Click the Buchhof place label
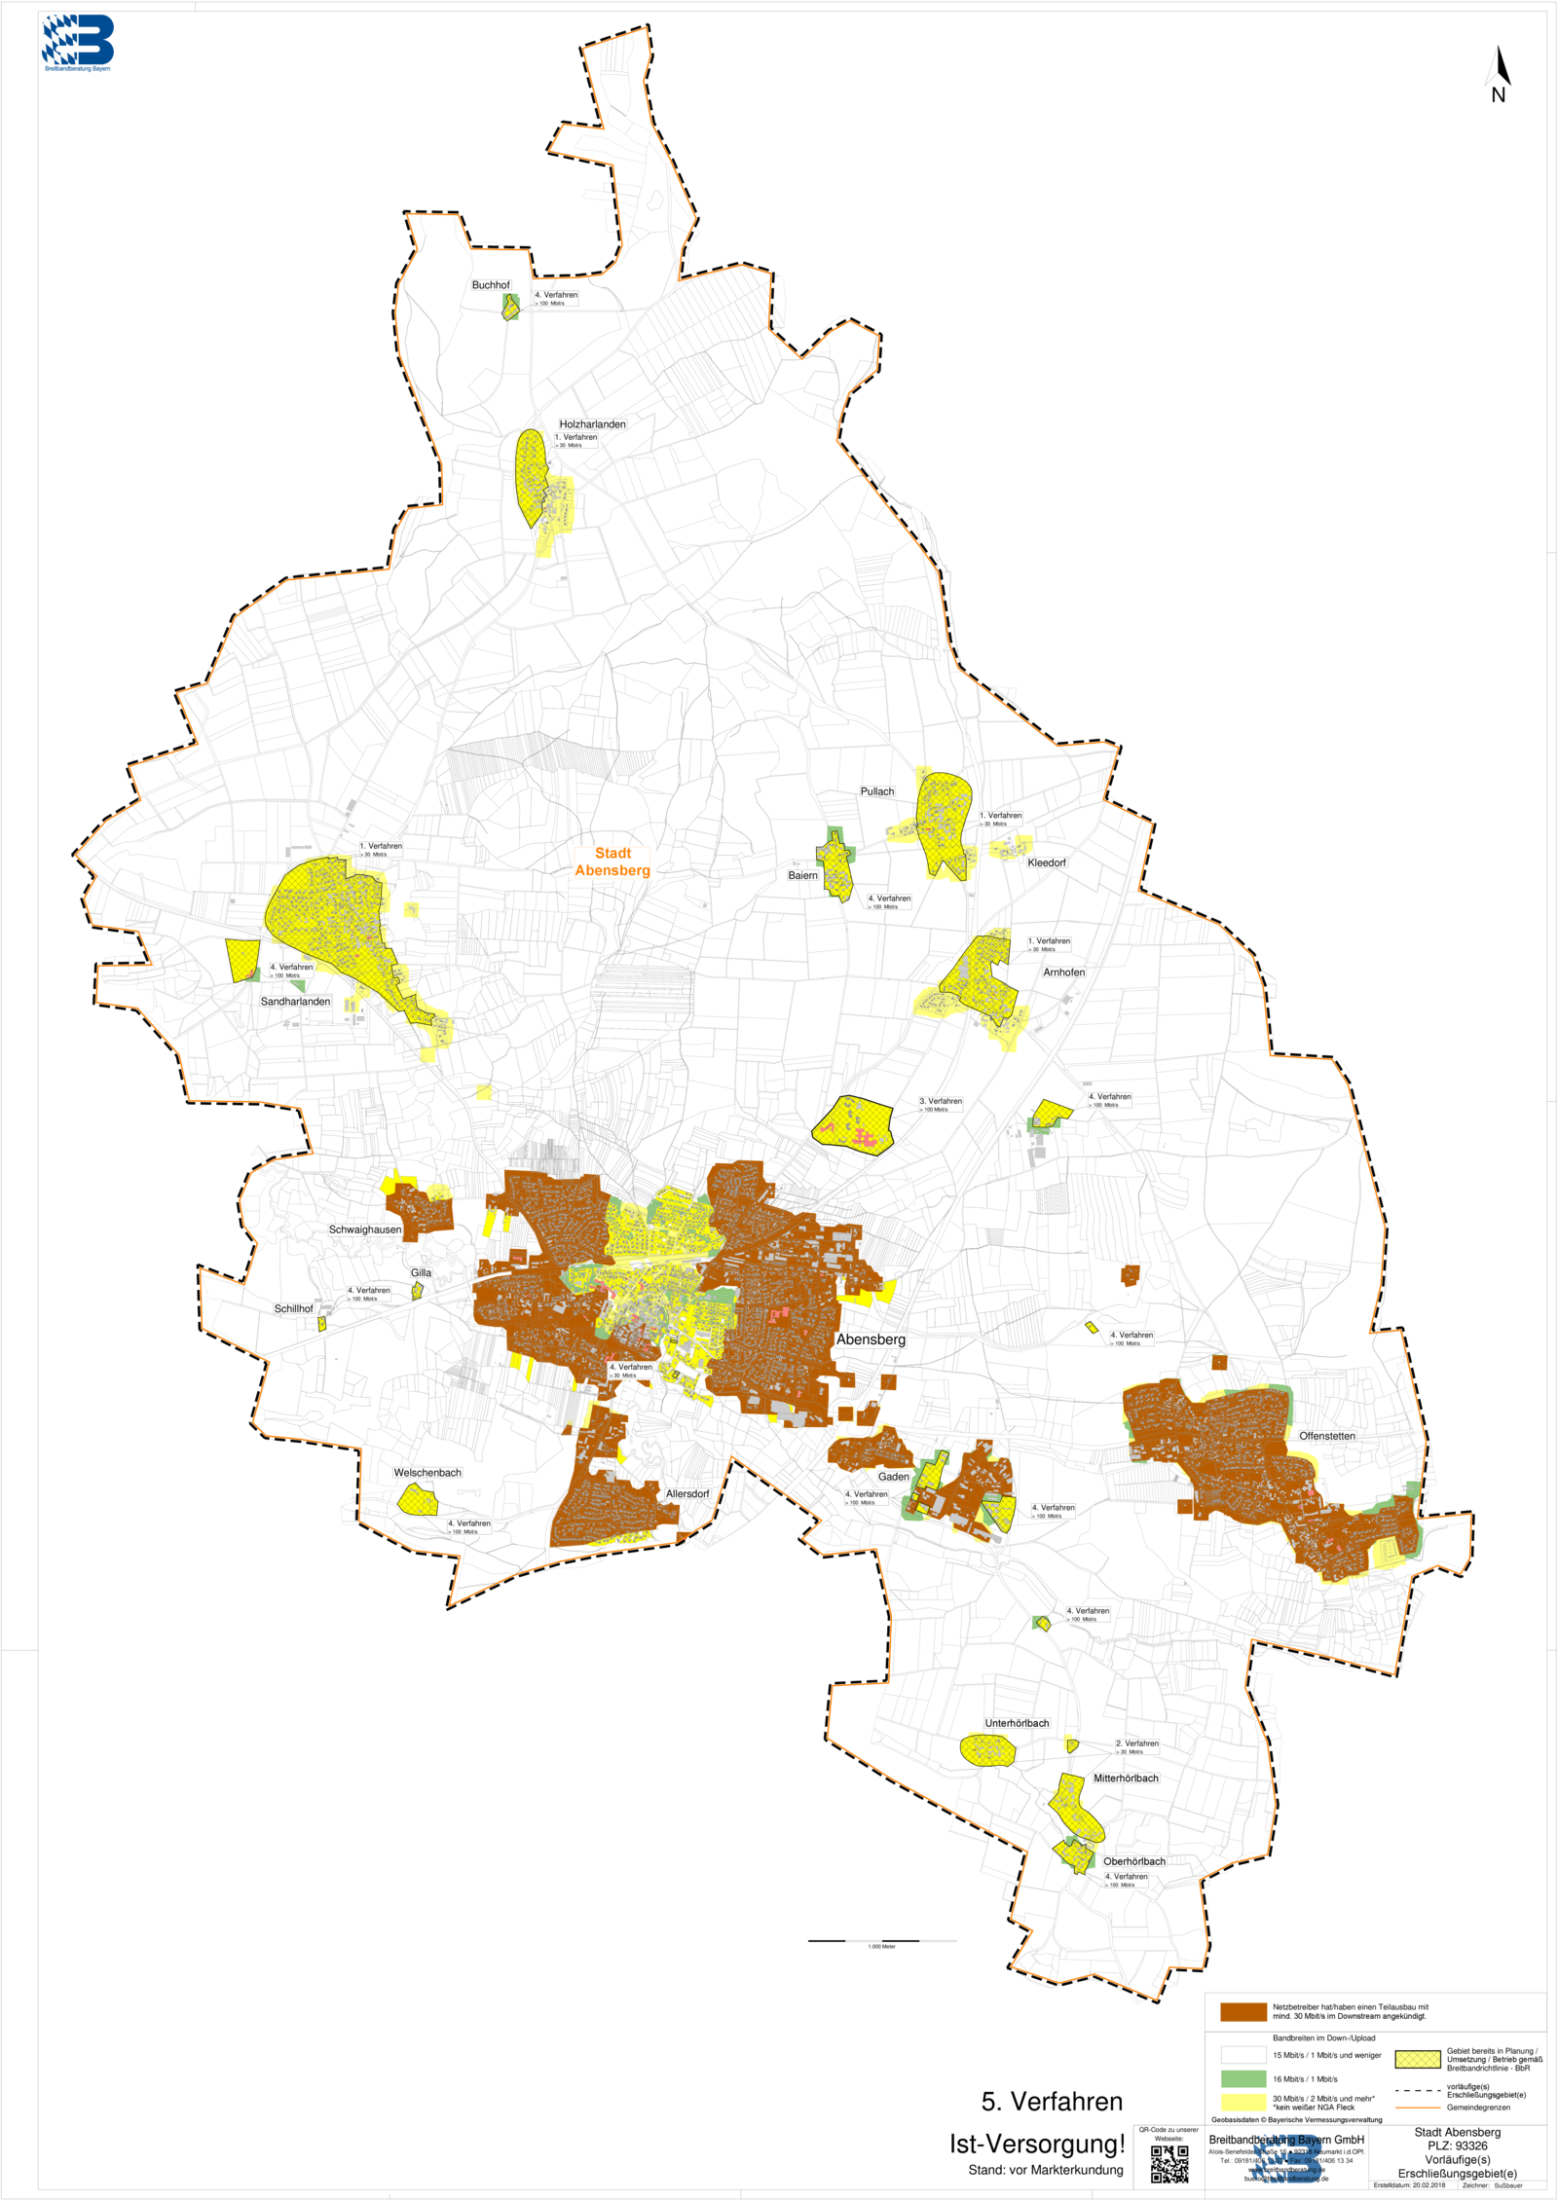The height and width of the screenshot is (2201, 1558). [491, 285]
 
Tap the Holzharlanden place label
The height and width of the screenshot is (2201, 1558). [592, 424]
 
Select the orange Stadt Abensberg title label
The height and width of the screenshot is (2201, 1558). [612, 862]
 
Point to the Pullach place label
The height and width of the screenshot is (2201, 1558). [877, 791]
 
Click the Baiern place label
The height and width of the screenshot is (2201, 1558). [803, 875]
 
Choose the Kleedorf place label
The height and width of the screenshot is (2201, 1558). [1047, 862]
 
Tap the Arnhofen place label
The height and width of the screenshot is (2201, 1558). [1063, 972]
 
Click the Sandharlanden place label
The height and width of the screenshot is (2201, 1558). [295, 1001]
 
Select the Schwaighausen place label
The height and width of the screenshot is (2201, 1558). [365, 1229]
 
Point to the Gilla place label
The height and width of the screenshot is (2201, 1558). [421, 1272]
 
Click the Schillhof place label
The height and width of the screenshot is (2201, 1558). [294, 1308]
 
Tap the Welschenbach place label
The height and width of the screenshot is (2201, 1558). [427, 1473]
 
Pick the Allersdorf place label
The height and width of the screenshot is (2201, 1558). [687, 1493]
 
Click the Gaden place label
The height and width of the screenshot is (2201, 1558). [894, 1477]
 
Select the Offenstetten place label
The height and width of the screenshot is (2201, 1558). [1327, 1436]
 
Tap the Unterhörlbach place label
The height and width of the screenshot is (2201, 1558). [1017, 1723]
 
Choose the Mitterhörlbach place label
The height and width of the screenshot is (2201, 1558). [1126, 1778]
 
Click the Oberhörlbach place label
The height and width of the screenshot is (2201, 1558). [1134, 1861]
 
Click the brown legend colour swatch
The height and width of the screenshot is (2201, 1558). [1243, 2012]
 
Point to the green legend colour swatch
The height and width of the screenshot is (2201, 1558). [1243, 2078]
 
